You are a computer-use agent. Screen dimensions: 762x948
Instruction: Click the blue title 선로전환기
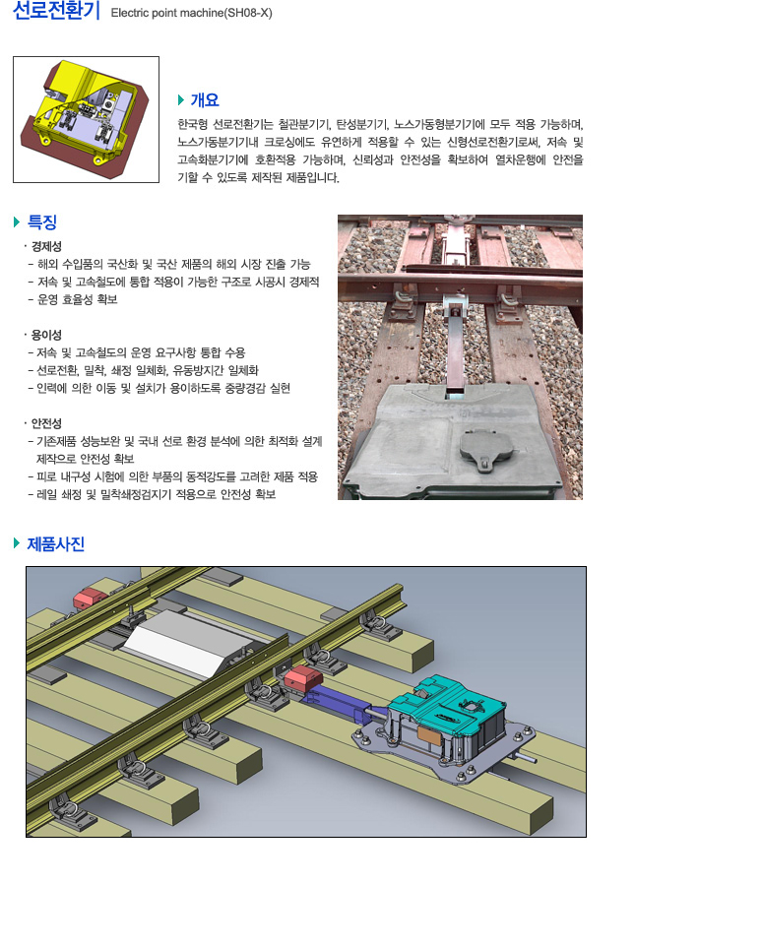(x=56, y=11)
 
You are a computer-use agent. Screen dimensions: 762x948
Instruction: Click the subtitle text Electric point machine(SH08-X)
(x=192, y=13)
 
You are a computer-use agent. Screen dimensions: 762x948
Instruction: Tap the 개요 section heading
(x=205, y=99)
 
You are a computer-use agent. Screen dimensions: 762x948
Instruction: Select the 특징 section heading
(x=42, y=221)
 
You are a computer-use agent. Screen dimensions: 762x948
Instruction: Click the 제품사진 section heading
(x=56, y=544)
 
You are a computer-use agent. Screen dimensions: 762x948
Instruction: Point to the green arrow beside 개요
(x=181, y=99)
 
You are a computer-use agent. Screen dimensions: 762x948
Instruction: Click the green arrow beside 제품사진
(x=17, y=543)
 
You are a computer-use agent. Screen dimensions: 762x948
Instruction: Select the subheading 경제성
(x=46, y=247)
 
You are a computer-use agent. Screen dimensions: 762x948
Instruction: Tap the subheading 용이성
(x=46, y=335)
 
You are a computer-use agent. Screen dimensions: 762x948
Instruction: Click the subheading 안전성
(x=46, y=423)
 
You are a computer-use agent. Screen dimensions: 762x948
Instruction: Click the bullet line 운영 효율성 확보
(x=78, y=299)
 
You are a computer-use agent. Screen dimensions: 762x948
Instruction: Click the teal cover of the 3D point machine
(x=448, y=701)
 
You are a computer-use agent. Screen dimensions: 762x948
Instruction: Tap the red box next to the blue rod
(x=303, y=677)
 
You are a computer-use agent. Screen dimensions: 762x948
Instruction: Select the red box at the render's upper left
(x=90, y=597)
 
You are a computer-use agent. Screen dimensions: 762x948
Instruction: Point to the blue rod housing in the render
(x=340, y=703)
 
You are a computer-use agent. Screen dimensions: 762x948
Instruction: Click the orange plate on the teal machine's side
(x=429, y=735)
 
